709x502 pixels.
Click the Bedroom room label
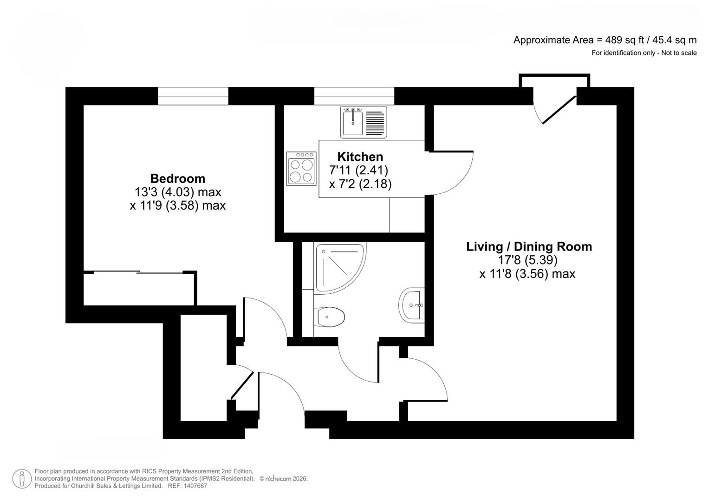tap(177, 178)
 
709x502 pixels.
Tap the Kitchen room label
tap(360, 157)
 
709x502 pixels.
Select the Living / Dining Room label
tap(529, 246)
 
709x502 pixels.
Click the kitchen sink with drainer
tap(364, 122)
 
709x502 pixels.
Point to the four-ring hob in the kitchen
tap(301, 169)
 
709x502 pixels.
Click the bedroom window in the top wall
tap(193, 96)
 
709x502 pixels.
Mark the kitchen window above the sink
tap(354, 96)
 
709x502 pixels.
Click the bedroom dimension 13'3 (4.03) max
tap(177, 192)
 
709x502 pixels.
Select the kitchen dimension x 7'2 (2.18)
tap(360, 184)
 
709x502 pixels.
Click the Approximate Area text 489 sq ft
tap(605, 40)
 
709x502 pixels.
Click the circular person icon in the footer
tap(22, 479)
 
